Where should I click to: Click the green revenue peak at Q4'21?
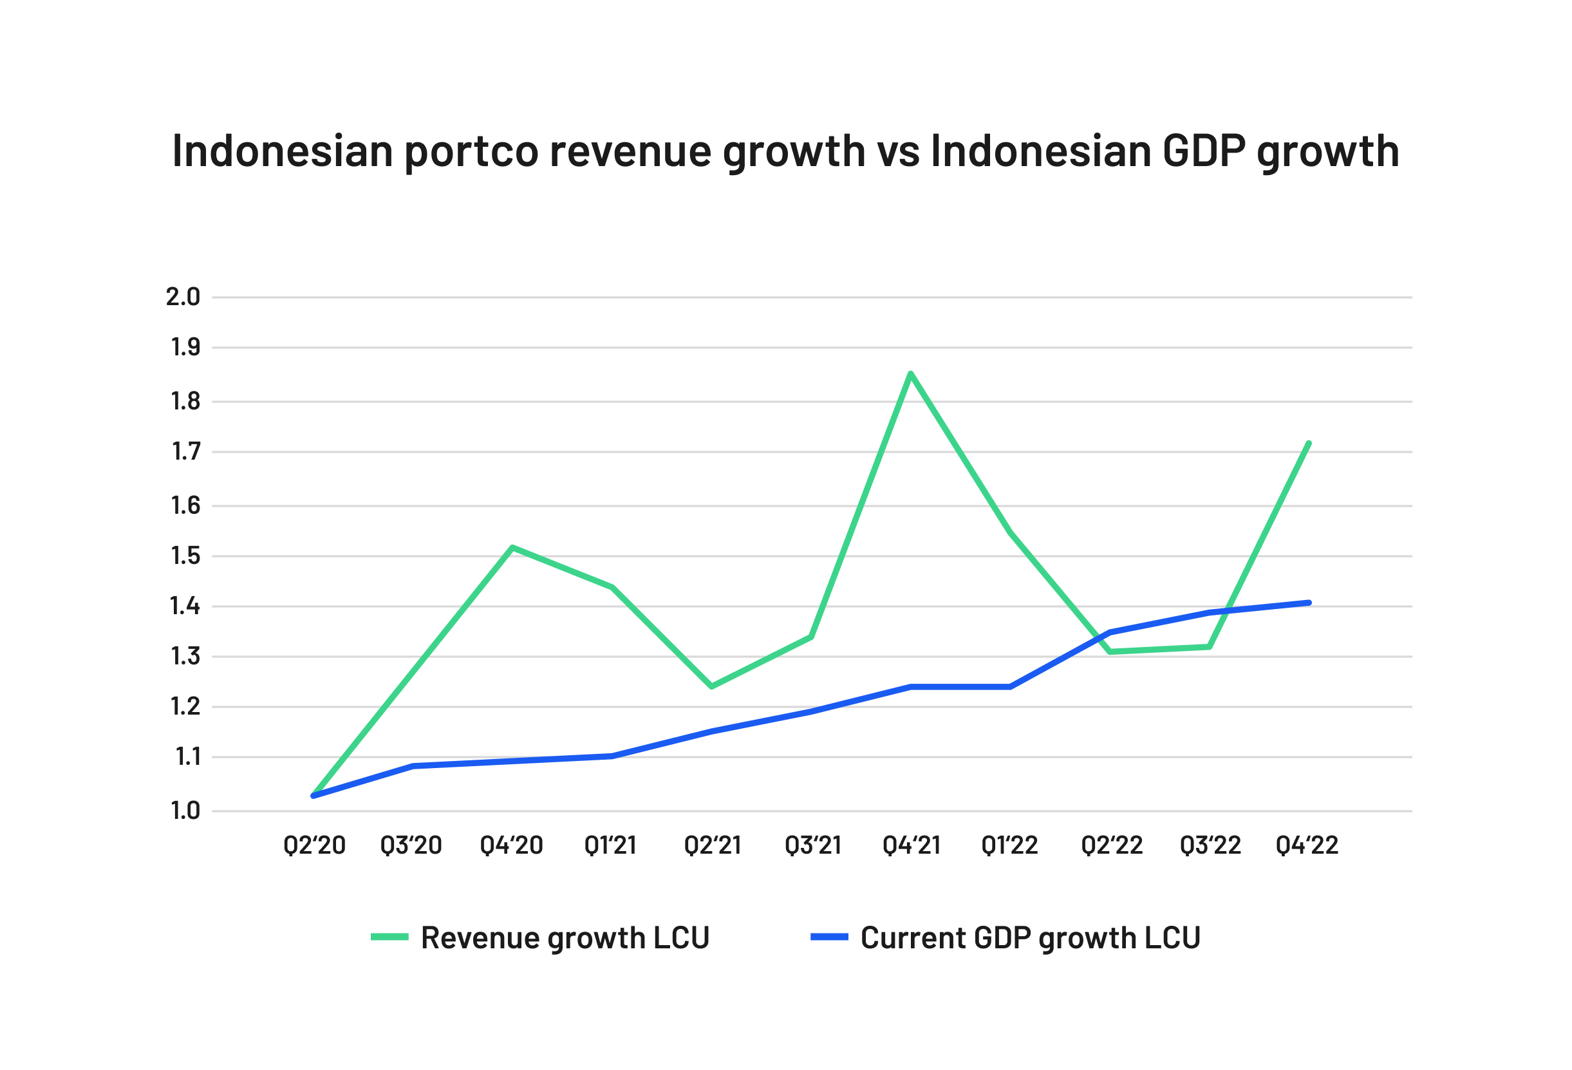(910, 373)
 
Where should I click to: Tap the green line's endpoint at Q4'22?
(1309, 443)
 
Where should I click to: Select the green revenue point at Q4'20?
(512, 547)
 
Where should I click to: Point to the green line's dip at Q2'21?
(711, 686)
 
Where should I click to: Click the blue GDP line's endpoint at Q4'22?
(1309, 603)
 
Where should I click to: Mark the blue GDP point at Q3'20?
(413, 766)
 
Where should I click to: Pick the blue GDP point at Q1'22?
(1010, 686)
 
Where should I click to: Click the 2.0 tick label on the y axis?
(183, 297)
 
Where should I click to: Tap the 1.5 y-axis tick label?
(185, 556)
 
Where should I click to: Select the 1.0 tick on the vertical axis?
(185, 811)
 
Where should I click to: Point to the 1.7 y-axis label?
(185, 452)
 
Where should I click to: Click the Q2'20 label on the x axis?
(315, 845)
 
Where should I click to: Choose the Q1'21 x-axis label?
(611, 845)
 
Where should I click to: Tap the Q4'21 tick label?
(912, 845)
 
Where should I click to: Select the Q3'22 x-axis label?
(1210, 845)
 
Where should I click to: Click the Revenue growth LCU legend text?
(565, 938)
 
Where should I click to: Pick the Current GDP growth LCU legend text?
(1030, 938)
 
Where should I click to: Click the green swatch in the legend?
(389, 937)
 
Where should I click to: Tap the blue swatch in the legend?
(829, 937)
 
